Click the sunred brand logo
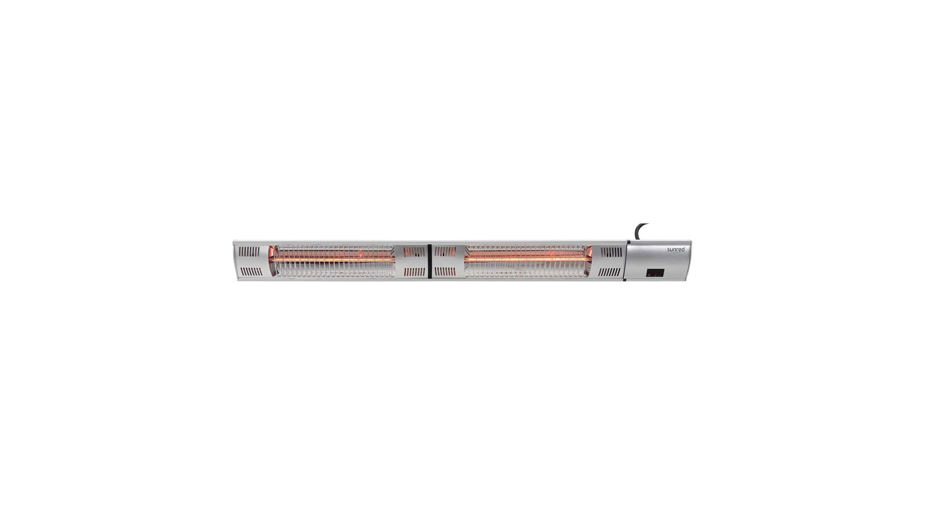675,249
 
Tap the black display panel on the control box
655,273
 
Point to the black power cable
640,230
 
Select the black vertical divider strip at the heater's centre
429,261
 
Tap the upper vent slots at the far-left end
249,251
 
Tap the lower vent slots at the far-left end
251,272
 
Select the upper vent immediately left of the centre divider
414,251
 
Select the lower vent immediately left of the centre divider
414,272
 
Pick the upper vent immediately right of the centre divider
445,251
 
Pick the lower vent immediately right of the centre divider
445,272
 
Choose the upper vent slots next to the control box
611,251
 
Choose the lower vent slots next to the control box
609,272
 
